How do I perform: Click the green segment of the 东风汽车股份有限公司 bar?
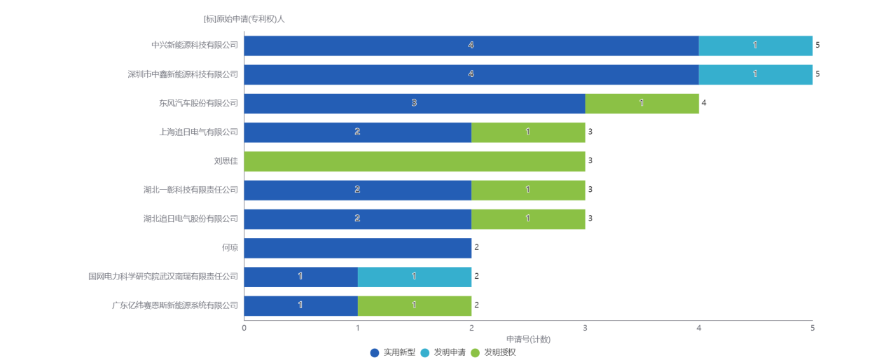click(x=642, y=103)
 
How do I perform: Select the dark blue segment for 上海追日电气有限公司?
click(x=357, y=132)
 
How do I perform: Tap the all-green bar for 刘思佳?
click(x=415, y=161)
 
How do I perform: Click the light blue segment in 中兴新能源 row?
click(x=755, y=46)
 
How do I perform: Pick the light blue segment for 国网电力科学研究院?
click(x=414, y=277)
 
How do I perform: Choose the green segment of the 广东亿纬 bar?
click(x=414, y=305)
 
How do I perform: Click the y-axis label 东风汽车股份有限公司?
click(x=198, y=103)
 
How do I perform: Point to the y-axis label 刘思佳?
click(x=226, y=161)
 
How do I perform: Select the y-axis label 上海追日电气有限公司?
click(x=198, y=132)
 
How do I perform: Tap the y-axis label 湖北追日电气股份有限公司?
click(x=191, y=219)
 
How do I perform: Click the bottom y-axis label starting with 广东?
click(x=175, y=305)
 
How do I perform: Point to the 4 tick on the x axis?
click(x=698, y=327)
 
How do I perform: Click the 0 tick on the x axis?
click(x=244, y=327)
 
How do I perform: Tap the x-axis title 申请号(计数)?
click(x=527, y=340)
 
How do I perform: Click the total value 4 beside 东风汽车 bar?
click(x=704, y=103)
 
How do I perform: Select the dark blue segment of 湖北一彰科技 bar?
click(x=357, y=190)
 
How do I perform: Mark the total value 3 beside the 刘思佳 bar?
click(x=590, y=161)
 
